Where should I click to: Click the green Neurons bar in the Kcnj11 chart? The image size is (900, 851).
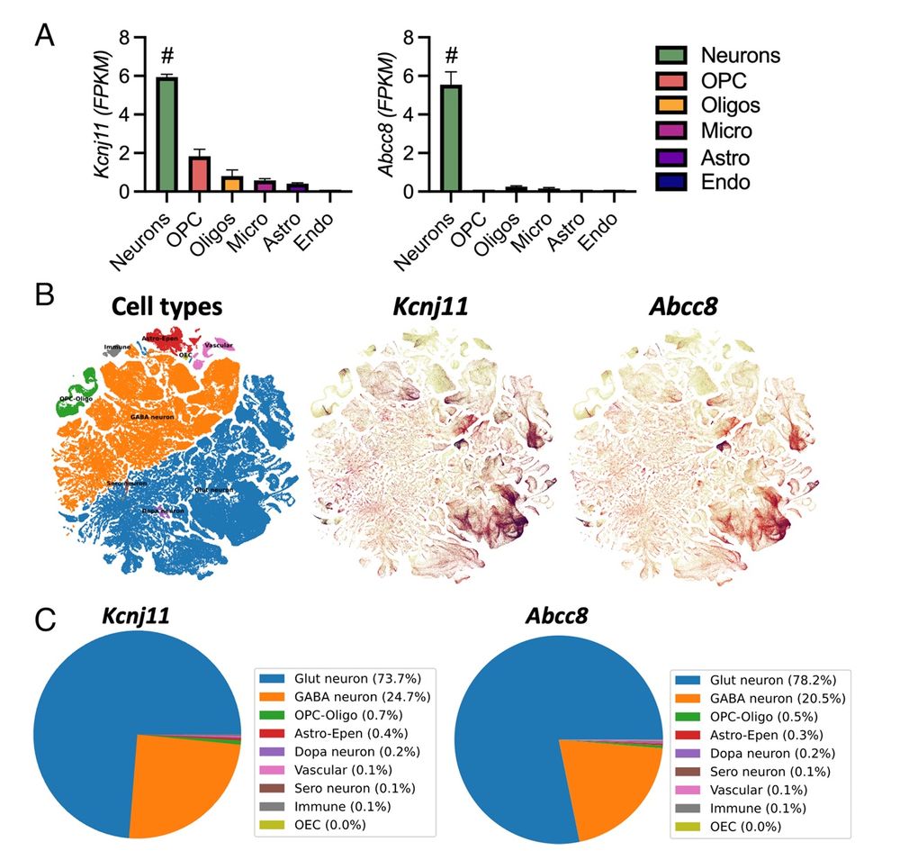coord(166,135)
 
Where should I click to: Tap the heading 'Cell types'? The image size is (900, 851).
coord(166,307)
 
